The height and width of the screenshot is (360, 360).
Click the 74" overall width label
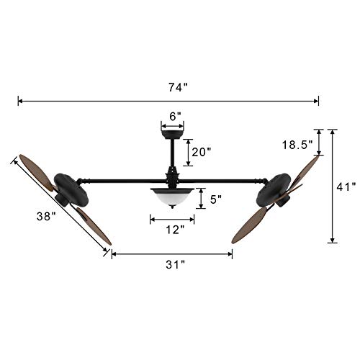pos(175,87)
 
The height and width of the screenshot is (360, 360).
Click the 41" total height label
pos(347,187)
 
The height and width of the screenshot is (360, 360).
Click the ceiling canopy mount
pos(173,132)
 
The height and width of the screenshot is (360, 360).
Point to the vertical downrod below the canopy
pos(173,155)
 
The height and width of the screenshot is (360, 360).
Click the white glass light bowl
pos(173,196)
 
